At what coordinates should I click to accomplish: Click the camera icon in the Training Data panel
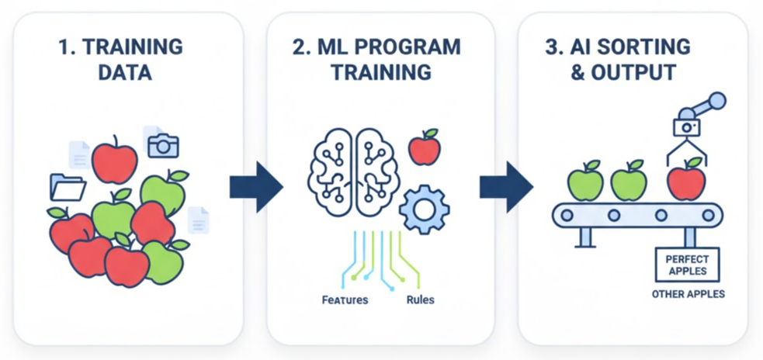(163, 144)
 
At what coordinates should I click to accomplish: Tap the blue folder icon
(68, 187)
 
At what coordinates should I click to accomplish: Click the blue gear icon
(423, 207)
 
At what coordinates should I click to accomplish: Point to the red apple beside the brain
(425, 147)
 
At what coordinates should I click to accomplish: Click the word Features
(345, 299)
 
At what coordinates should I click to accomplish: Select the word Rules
(420, 299)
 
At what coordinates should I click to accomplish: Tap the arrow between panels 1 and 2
(255, 187)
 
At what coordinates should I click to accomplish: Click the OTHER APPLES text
(688, 294)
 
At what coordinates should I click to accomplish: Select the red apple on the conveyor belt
(686, 180)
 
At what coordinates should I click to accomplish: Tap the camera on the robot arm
(686, 127)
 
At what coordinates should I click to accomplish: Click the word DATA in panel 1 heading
(120, 74)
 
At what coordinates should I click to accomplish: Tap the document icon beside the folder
(80, 155)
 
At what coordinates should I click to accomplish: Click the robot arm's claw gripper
(686, 150)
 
